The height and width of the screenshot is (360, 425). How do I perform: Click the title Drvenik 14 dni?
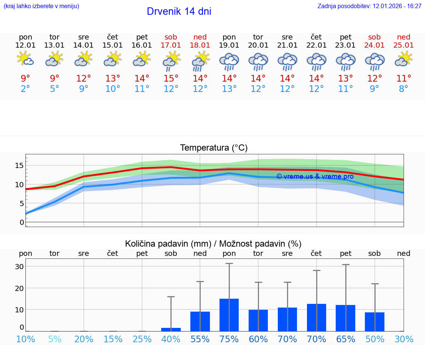(179, 11)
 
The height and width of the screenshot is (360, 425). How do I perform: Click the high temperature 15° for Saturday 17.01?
(171, 79)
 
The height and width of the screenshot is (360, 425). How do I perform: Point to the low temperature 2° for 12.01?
(25, 89)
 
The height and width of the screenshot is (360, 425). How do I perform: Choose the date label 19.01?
(229, 45)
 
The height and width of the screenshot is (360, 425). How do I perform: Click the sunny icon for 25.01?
(404, 59)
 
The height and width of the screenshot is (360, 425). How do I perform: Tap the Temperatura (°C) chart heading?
(214, 148)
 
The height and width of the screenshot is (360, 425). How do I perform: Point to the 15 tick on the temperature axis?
(19, 165)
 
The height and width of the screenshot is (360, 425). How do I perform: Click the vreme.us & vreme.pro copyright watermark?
(315, 176)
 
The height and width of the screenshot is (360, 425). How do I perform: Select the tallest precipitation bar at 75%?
(229, 315)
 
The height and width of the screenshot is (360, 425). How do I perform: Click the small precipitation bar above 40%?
(171, 329)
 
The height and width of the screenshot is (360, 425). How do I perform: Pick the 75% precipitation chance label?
(229, 339)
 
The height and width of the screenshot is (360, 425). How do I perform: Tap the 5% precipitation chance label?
(55, 339)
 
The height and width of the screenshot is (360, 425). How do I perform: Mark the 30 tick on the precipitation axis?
(19, 267)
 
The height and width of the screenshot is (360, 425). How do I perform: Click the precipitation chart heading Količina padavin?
(213, 244)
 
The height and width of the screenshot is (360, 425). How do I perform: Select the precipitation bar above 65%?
(346, 318)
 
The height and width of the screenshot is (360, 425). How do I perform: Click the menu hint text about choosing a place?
(41, 6)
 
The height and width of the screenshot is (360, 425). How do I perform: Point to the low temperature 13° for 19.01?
(229, 89)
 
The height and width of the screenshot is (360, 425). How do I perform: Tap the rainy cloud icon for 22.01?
(316, 61)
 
